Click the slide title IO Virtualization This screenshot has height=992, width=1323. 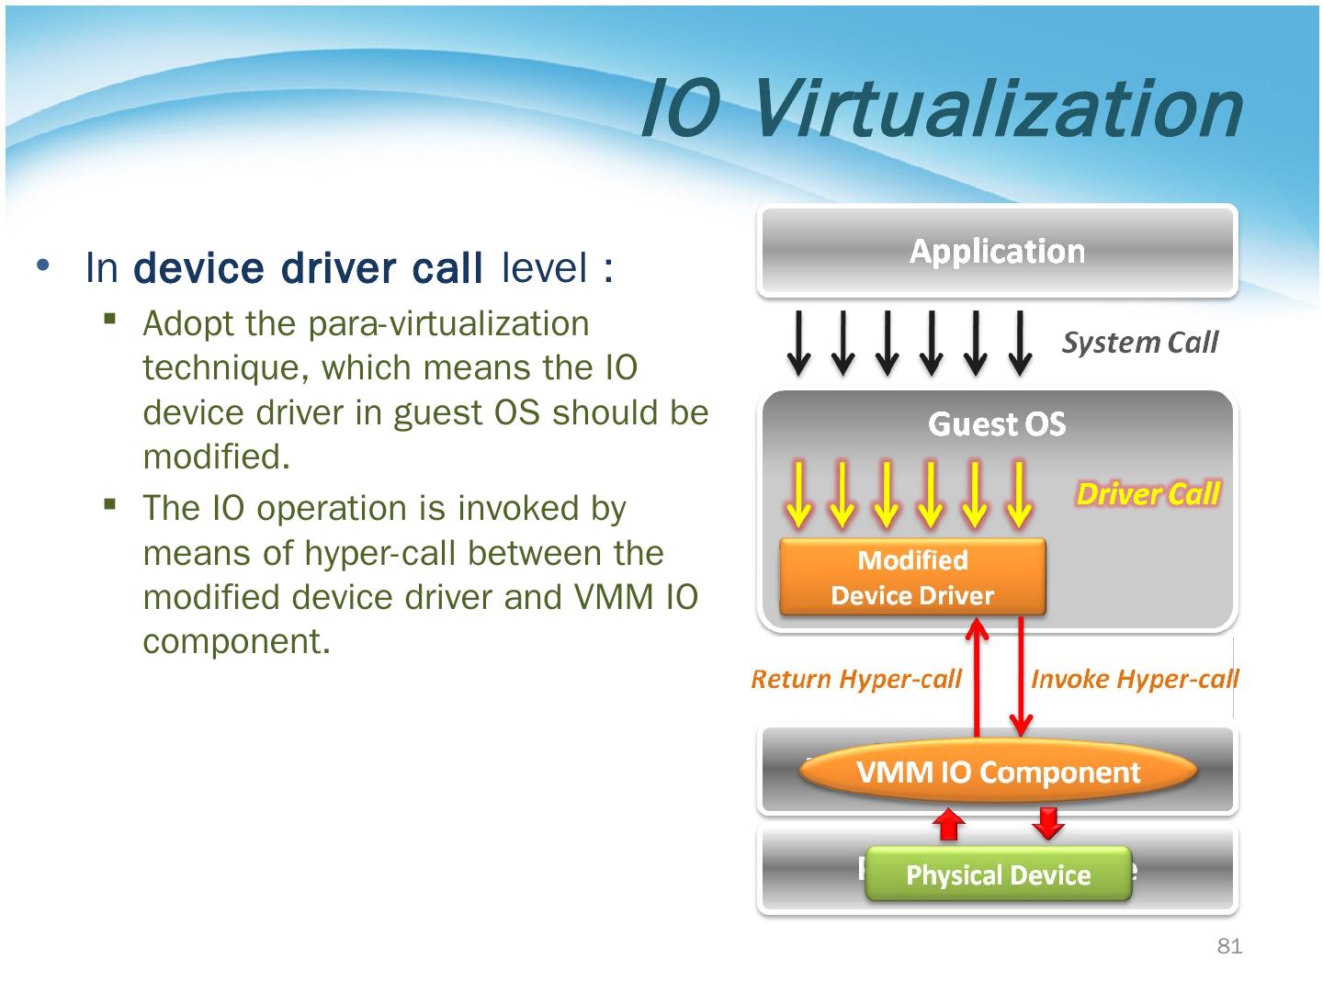(939, 109)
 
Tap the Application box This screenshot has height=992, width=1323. (997, 251)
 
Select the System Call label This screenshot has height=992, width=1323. (1139, 343)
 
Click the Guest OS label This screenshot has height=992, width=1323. (997, 424)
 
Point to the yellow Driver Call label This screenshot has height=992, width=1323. (1148, 494)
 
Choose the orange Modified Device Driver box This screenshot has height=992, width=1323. (912, 578)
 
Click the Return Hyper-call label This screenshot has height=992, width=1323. (855, 679)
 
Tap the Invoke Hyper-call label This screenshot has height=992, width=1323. (1134, 679)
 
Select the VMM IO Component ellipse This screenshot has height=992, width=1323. (998, 772)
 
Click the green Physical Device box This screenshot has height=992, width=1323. (998, 874)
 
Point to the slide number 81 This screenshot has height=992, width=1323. (1229, 947)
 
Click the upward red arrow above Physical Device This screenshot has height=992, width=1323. (949, 824)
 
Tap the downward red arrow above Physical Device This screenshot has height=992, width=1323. (1047, 822)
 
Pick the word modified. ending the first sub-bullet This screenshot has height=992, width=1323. (217, 457)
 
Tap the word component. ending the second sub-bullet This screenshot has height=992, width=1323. (236, 641)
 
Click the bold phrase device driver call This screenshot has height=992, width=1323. (308, 268)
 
